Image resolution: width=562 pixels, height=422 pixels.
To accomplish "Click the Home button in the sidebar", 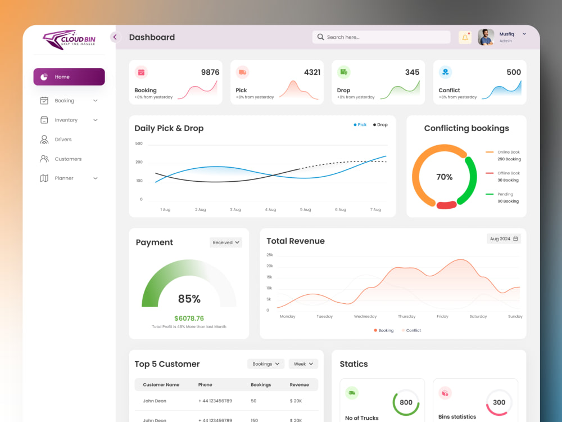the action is click(69, 77).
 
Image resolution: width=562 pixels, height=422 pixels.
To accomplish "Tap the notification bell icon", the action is click(465, 37).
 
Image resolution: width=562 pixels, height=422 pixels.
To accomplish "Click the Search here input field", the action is click(382, 37).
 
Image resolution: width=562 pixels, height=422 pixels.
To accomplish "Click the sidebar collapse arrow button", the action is click(115, 37).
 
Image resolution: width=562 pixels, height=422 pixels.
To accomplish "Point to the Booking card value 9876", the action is click(210, 72).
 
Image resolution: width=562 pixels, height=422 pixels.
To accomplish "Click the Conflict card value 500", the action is click(514, 72).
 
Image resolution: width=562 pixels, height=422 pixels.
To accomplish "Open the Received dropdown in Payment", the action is click(226, 243).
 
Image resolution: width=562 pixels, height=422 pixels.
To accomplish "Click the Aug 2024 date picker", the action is click(504, 239).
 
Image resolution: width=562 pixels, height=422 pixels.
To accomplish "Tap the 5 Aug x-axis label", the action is click(305, 209).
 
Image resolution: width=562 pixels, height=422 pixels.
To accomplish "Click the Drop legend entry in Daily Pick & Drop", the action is click(380, 124).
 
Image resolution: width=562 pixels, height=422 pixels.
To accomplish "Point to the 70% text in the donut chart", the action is click(445, 177).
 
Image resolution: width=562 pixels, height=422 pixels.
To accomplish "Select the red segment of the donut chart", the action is click(446, 205).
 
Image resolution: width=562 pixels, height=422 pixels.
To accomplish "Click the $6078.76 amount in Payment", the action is click(189, 318).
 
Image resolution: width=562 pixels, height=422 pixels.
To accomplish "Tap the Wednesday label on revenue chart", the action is click(365, 316).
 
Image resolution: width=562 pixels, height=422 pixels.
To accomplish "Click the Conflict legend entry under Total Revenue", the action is click(411, 330).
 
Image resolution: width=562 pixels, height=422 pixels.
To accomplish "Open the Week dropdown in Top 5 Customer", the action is click(303, 364).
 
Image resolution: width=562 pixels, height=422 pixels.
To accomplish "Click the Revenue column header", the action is click(300, 385).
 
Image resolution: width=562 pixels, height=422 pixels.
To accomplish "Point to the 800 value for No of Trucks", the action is click(406, 403).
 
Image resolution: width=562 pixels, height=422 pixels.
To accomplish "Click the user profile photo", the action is click(486, 37).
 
